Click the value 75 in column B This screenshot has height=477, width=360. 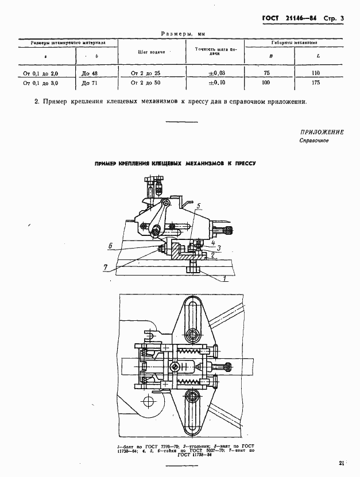pyautogui.click(x=266, y=73)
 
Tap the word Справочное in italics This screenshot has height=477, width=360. pyautogui.click(x=313, y=141)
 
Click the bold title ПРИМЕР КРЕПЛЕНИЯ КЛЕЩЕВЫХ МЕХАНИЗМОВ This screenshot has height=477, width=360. pyautogui.click(x=175, y=164)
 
